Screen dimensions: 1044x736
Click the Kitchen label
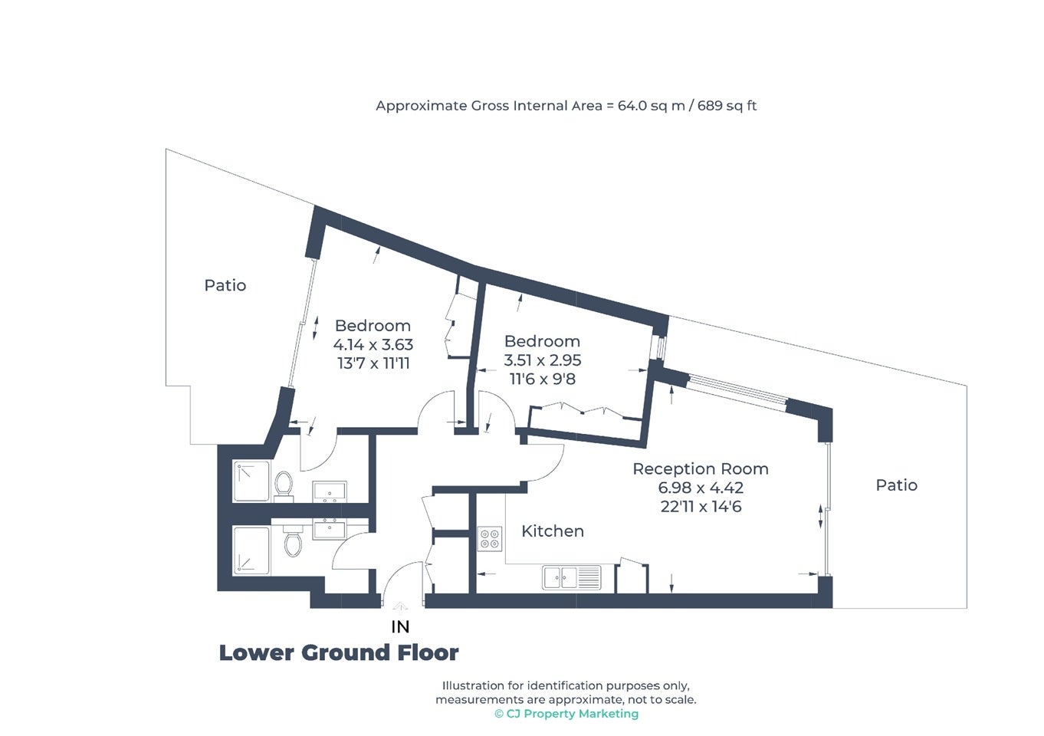[553, 531]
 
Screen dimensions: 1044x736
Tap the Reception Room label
[701, 469]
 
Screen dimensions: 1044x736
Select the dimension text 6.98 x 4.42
[701, 488]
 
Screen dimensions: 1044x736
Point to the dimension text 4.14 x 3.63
[373, 344]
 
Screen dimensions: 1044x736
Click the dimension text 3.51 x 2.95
[543, 360]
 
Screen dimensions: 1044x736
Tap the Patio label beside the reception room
[896, 485]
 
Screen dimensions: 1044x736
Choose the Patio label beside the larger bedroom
[225, 285]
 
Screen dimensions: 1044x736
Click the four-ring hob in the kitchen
[490, 539]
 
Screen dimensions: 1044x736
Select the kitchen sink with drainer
[571, 577]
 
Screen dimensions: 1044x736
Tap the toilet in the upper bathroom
[284, 486]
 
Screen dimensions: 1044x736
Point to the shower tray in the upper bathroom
[251, 481]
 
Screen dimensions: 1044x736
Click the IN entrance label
[400, 627]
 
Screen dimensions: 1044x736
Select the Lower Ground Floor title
[339, 653]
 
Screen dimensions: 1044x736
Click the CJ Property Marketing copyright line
[566, 714]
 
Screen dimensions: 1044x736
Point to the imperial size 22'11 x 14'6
[701, 507]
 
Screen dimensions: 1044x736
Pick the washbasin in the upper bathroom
[329, 491]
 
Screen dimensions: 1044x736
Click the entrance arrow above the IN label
[400, 606]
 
